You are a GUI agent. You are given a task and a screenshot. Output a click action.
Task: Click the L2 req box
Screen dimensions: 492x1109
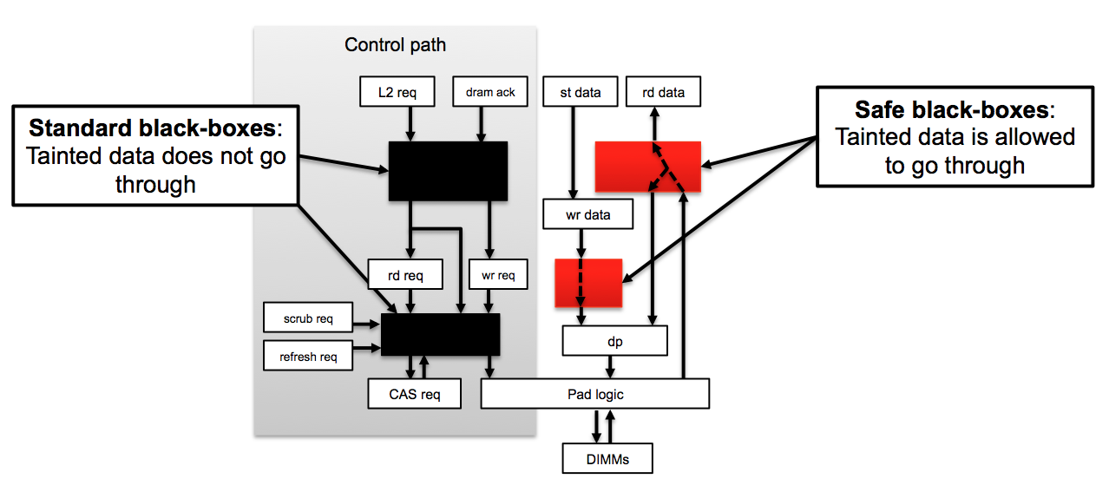[397, 92]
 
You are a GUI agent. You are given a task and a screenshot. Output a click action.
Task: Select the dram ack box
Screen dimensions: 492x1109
[490, 92]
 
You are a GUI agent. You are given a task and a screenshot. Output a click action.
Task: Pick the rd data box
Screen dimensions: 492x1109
[663, 92]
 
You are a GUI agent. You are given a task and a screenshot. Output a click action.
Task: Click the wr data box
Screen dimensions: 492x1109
[587, 214]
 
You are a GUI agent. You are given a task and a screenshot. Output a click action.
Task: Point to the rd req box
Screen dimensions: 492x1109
[405, 275]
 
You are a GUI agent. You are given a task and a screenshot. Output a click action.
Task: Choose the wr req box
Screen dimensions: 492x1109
[497, 275]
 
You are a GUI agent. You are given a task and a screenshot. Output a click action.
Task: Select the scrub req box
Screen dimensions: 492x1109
[308, 318]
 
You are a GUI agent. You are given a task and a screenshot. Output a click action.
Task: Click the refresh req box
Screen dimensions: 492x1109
[308, 356]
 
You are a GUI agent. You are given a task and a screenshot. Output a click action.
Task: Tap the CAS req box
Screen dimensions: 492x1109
[414, 394]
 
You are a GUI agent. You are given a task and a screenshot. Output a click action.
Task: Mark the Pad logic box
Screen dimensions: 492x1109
[595, 394]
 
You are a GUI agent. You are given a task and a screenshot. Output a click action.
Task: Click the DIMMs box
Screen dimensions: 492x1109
[607, 457]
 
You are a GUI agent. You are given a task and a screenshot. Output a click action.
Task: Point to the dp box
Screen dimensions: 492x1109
[614, 341]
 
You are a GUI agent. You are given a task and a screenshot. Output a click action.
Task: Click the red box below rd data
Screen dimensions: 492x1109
[647, 166]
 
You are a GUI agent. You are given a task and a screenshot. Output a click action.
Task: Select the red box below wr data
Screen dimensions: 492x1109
[588, 282]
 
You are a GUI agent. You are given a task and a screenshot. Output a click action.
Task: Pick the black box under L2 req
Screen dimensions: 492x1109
[448, 171]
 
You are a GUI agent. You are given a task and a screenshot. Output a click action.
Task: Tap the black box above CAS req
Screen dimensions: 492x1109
[441, 334]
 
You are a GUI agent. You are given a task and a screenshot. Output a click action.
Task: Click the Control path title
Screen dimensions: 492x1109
[395, 45]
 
